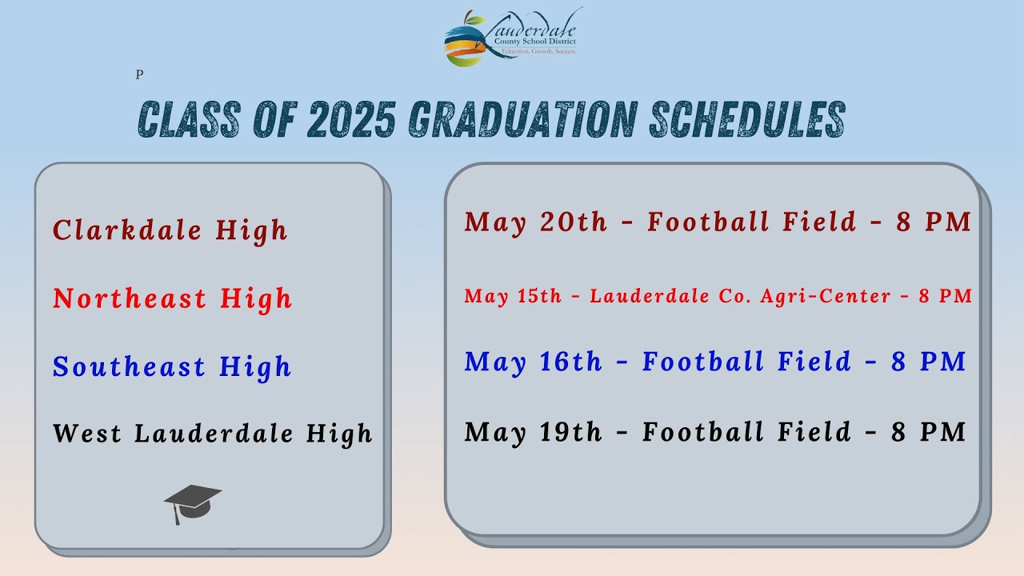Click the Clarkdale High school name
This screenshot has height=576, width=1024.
pos(170,230)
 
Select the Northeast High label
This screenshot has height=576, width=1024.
pos(172,298)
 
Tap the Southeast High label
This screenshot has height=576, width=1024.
pos(171,366)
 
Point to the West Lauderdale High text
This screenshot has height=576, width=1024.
pos(213,434)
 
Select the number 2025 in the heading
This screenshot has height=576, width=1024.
pos(350,121)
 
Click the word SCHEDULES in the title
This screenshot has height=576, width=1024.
pos(747,121)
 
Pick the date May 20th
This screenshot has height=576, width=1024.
pos(536,222)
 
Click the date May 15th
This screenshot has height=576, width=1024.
pos(513,296)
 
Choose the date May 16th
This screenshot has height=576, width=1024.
pos(533,362)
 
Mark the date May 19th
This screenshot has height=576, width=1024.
pos(533,432)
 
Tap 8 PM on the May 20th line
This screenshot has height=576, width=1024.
pos(934,222)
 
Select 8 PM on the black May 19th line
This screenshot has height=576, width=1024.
pos(929,432)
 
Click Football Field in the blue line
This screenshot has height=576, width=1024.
pos(746,362)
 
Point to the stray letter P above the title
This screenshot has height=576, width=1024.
pos(139,74)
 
